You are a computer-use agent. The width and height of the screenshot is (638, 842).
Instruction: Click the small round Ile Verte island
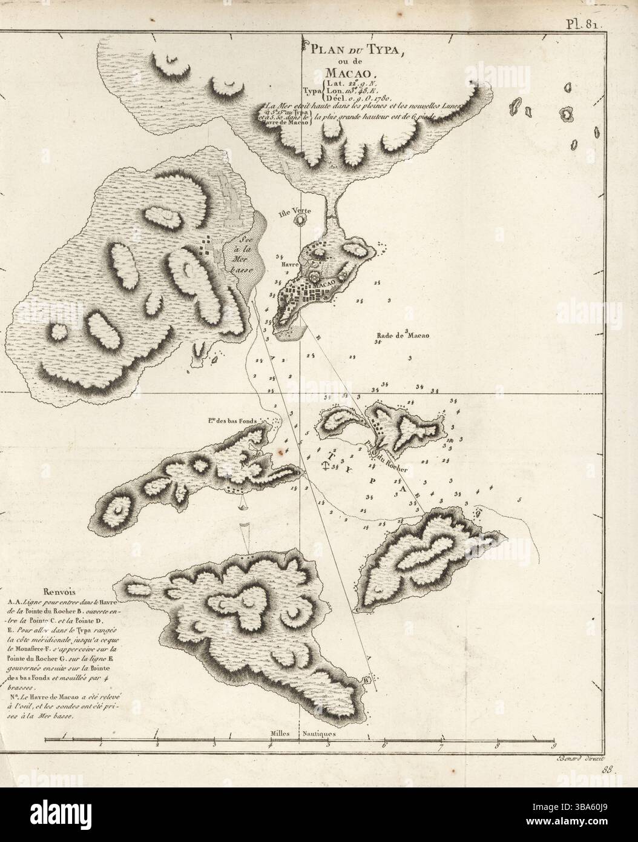point(299,221)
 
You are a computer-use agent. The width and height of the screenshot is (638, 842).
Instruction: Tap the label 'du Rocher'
point(388,466)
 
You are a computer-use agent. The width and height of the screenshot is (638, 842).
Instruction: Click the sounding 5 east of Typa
point(519,500)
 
